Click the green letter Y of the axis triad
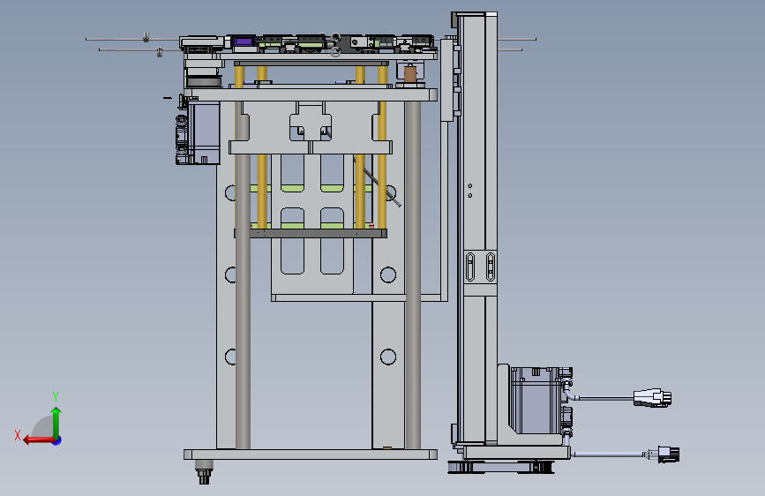click(56, 396)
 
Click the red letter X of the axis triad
click(18, 435)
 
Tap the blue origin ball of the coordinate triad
click(57, 440)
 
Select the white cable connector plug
click(652, 398)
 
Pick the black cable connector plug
click(669, 455)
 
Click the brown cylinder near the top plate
click(410, 74)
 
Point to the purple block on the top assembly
click(244, 41)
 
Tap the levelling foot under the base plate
click(204, 472)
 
